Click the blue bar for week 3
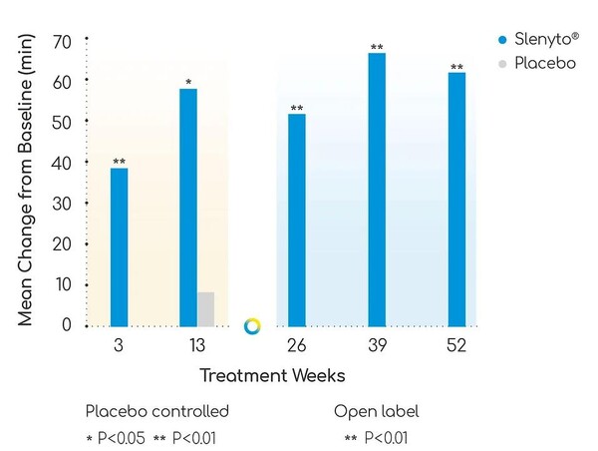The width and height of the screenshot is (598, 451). [x=119, y=246]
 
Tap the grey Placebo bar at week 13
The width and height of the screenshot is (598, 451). [x=205, y=308]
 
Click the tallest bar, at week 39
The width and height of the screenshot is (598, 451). [x=377, y=190]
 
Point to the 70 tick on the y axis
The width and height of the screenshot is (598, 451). [x=62, y=41]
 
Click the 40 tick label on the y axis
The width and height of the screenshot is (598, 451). [x=62, y=163]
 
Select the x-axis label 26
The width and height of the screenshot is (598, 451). [x=297, y=346]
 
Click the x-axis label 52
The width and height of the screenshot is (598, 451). [x=456, y=346]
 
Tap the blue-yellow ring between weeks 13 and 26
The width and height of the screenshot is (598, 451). [x=252, y=326]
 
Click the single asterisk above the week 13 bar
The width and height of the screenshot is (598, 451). [x=188, y=81]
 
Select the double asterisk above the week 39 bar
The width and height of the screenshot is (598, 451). [x=377, y=47]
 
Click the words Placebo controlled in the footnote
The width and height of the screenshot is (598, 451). [x=157, y=411]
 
